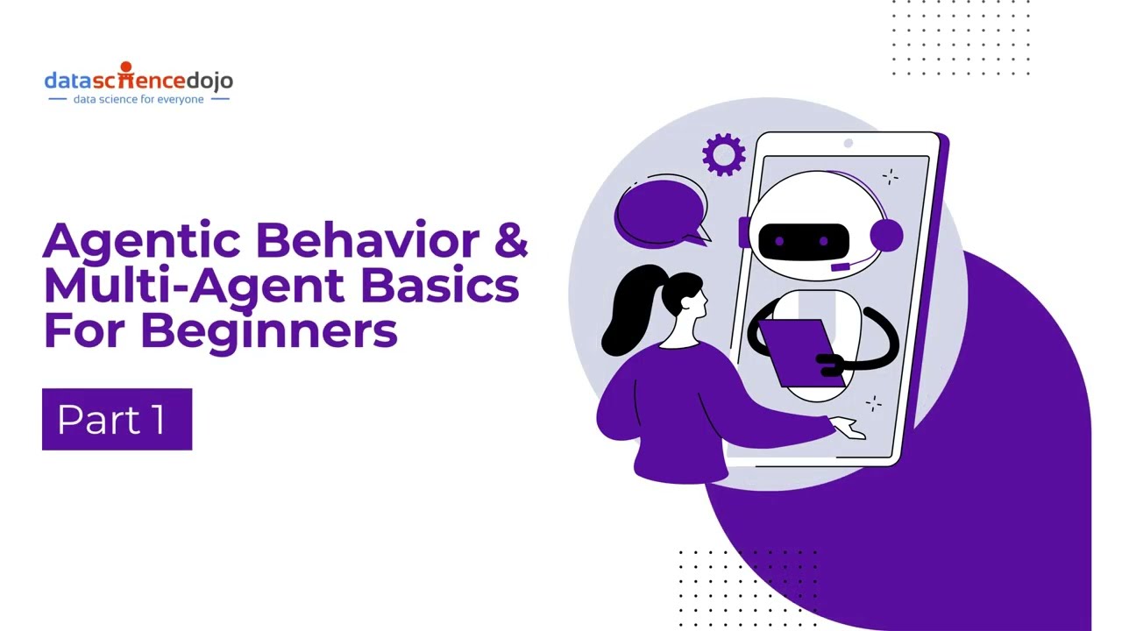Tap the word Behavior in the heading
368,239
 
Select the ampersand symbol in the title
511,239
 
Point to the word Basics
440,285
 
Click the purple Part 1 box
117,419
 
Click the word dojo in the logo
209,82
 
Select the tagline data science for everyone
138,99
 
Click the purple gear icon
723,155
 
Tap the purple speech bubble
661,214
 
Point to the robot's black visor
804,241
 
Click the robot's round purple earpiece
886,236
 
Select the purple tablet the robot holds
801,353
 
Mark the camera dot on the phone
848,143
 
